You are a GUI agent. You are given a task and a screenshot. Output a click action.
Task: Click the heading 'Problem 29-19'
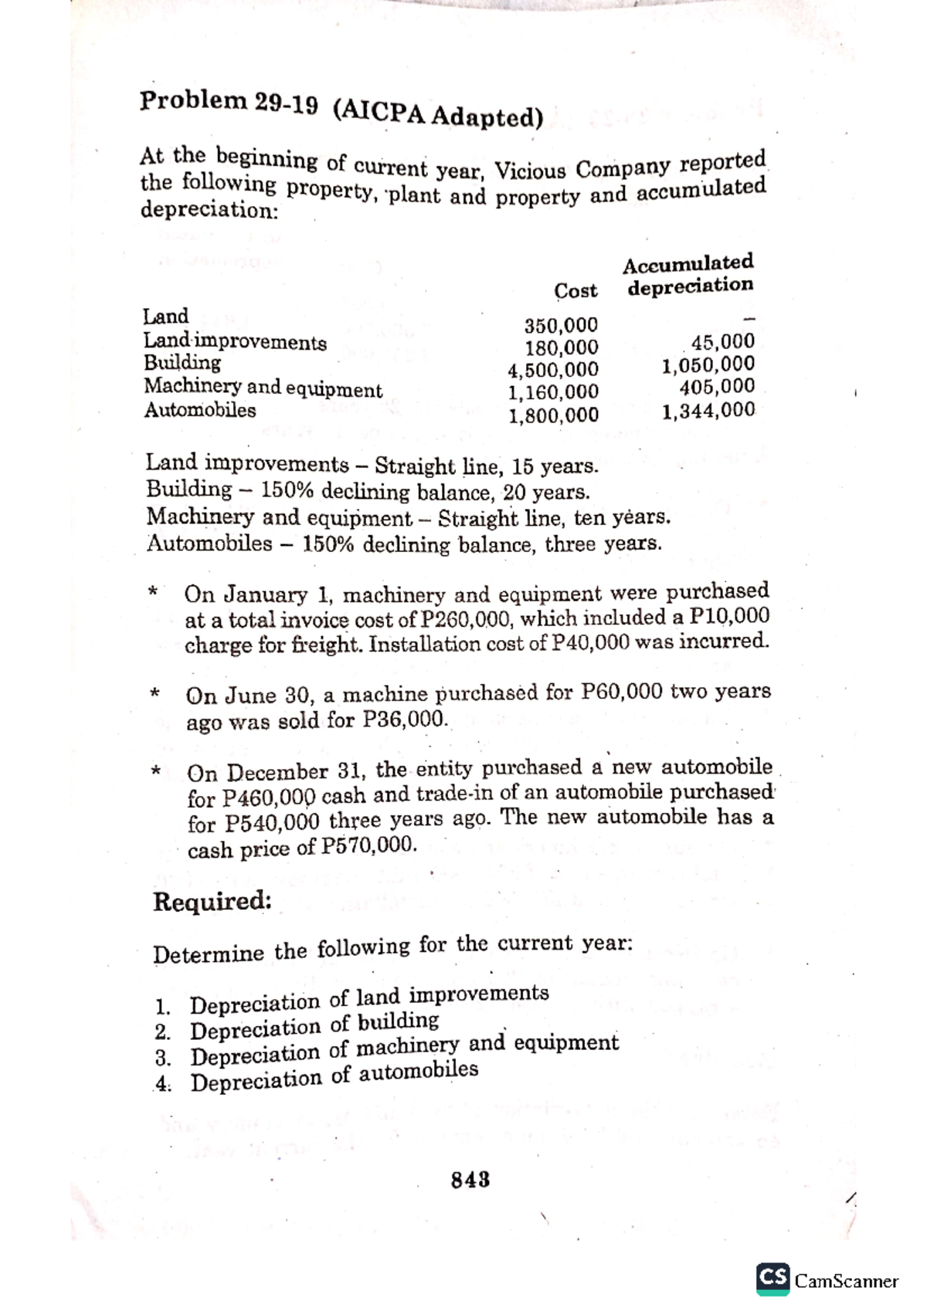pyautogui.click(x=229, y=103)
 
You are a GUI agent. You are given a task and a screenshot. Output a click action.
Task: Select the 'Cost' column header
pyautogui.click(x=576, y=291)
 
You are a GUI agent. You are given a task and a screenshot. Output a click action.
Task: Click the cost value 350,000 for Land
pyautogui.click(x=561, y=325)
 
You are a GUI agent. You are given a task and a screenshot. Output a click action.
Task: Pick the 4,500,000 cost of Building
pyautogui.click(x=552, y=370)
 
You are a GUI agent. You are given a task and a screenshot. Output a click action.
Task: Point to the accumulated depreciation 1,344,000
pyautogui.click(x=708, y=411)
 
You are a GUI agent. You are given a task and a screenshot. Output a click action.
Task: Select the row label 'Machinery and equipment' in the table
pyautogui.click(x=263, y=388)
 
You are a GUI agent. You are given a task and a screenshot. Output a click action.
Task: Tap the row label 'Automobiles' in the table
pyautogui.click(x=199, y=410)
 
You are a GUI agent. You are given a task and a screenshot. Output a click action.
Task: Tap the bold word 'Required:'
pyautogui.click(x=212, y=901)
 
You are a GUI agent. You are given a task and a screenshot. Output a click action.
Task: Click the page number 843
pyautogui.click(x=470, y=1181)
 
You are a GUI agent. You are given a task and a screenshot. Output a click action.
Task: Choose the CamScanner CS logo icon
pyautogui.click(x=772, y=1278)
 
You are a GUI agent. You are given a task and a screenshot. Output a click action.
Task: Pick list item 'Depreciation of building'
pyautogui.click(x=314, y=1027)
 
